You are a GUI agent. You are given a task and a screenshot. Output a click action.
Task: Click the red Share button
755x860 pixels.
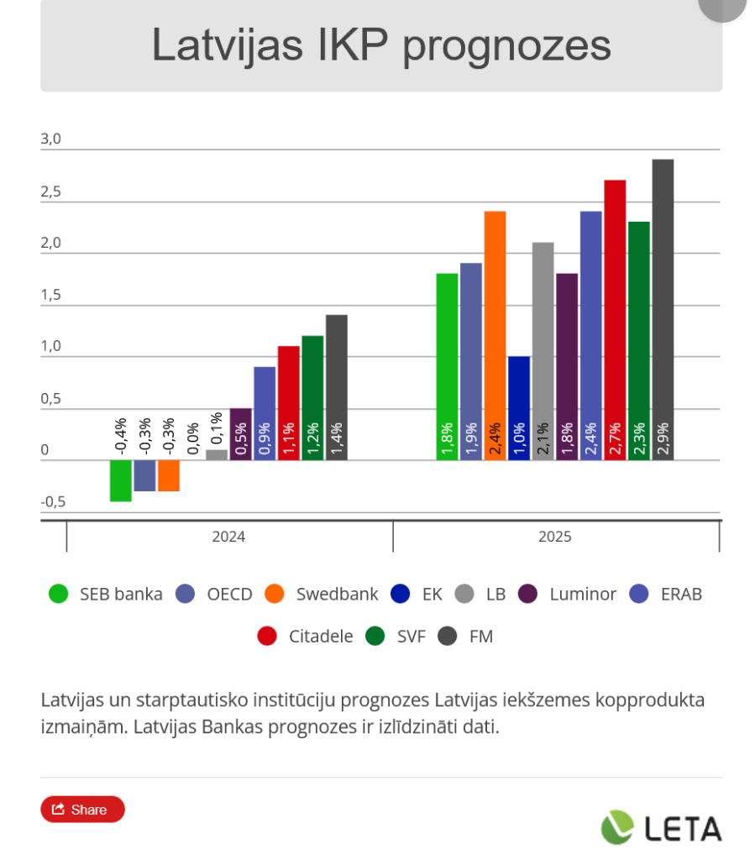[82, 809]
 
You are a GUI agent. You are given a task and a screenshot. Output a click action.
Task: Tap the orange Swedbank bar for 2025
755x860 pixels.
[495, 335]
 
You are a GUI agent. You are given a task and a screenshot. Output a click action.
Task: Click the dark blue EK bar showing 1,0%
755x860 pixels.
[519, 408]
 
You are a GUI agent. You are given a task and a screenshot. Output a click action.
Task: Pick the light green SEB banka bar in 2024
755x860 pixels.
[121, 480]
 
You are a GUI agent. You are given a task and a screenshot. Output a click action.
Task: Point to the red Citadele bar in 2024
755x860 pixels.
[289, 403]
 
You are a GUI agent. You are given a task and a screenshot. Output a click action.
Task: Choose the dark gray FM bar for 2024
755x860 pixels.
[337, 387]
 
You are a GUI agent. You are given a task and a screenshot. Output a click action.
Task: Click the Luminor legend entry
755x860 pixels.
[582, 595]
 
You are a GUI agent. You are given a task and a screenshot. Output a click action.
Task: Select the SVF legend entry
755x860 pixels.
[411, 637]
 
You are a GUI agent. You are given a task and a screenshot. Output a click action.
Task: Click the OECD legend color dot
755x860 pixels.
[186, 595]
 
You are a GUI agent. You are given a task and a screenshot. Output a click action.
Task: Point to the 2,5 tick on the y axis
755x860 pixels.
[51, 192]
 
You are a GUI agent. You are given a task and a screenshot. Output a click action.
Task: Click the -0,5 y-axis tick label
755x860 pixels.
[53, 502]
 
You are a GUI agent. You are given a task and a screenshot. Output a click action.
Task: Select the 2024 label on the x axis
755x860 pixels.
[228, 537]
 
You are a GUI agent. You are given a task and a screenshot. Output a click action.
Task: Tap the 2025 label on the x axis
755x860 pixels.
[554, 537]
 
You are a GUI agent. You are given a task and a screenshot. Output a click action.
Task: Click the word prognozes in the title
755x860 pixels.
[506, 45]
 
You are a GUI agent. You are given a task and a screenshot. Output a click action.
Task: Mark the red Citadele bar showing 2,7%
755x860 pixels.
[615, 319]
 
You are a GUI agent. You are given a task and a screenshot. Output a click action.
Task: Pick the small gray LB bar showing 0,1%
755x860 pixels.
[217, 454]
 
